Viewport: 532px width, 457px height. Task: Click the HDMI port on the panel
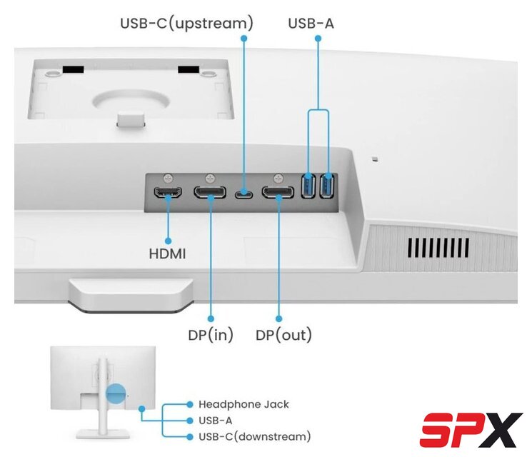point(169,192)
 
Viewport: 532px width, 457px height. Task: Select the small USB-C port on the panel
point(244,193)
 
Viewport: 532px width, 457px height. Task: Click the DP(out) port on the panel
point(278,192)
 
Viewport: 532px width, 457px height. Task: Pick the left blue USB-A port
point(309,187)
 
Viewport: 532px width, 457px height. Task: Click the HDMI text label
point(168,253)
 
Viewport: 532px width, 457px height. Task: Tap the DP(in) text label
point(210,334)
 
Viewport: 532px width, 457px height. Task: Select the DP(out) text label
point(283,334)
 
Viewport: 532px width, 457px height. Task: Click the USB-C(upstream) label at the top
point(186,24)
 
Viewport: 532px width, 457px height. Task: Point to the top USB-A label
point(311,24)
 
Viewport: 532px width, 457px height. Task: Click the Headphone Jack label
point(244,404)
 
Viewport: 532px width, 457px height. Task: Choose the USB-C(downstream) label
point(254,436)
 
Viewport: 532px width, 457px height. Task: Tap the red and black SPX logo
point(471,429)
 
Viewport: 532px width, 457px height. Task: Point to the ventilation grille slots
point(438,248)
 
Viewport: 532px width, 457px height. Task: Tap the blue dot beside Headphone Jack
point(190,404)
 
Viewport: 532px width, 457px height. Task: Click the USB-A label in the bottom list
point(215,421)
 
